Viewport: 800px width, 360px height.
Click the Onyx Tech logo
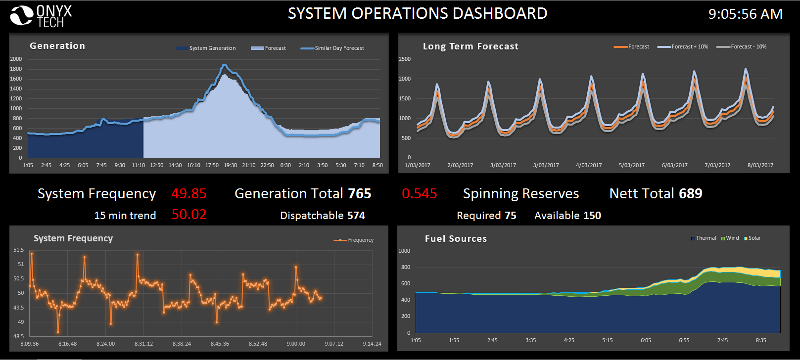coord(41,16)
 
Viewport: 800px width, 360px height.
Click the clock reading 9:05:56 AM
coord(745,14)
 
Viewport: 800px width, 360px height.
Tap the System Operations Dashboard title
coord(417,13)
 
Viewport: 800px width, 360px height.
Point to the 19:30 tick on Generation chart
coord(230,165)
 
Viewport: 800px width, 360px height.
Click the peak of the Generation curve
coord(225,65)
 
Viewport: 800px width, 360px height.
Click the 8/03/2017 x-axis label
coord(760,165)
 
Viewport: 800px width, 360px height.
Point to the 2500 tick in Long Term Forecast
coord(405,59)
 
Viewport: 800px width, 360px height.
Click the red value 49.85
coord(188,193)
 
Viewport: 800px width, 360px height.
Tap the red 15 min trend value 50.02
coord(188,215)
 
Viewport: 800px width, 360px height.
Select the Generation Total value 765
coord(359,193)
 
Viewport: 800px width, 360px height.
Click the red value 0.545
coord(419,193)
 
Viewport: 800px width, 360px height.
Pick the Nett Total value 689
coord(690,193)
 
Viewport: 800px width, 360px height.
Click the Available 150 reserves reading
coord(567,216)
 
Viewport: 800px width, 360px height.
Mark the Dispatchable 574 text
coord(322,216)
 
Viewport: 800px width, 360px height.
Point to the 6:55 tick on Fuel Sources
coord(684,340)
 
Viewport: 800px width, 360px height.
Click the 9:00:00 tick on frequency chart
coord(296,344)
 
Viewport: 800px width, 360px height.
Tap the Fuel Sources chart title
coord(456,239)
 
